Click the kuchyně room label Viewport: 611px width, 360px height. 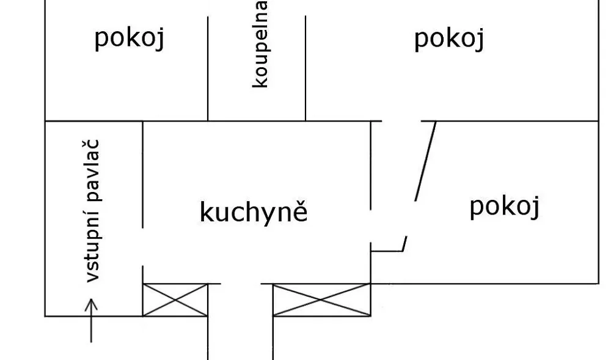click(254, 211)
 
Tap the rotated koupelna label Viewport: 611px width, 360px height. click(260, 44)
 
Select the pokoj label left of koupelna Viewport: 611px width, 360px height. click(130, 39)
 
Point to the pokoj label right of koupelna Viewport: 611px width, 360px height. click(449, 39)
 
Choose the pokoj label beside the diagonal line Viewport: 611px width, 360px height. click(505, 207)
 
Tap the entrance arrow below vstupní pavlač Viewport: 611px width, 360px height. click(91, 321)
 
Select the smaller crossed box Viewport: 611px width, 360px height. click(175, 300)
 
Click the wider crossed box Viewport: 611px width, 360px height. click(321, 300)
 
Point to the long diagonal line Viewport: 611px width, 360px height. click(425, 161)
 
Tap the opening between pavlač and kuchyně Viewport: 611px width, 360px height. click(142, 247)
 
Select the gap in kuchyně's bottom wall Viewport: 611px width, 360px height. click(241, 284)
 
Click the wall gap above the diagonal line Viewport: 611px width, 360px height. click(401, 121)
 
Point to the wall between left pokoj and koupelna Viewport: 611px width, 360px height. click(208, 68)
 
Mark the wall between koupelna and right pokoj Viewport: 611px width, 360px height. click(305, 68)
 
